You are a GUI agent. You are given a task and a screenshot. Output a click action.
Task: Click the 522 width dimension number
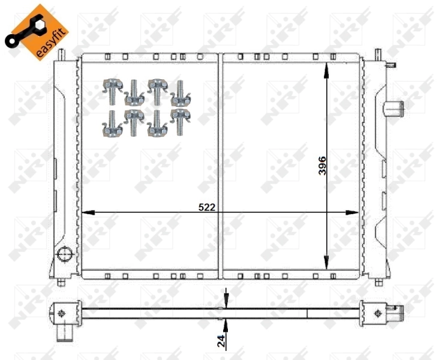tap(207, 207)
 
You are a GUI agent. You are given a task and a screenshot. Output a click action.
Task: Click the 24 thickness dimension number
tap(221, 341)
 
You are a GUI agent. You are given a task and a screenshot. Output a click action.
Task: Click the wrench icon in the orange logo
tap(22, 33)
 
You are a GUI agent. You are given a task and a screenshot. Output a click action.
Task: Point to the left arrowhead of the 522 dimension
tap(86, 212)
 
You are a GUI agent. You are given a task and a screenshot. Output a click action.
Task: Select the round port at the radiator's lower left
tap(63, 254)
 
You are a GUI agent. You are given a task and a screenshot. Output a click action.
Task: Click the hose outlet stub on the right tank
tap(393, 109)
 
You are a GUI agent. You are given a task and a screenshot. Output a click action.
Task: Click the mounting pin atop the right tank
tap(378, 55)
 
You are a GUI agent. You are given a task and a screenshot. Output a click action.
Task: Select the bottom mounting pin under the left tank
tap(61, 281)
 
